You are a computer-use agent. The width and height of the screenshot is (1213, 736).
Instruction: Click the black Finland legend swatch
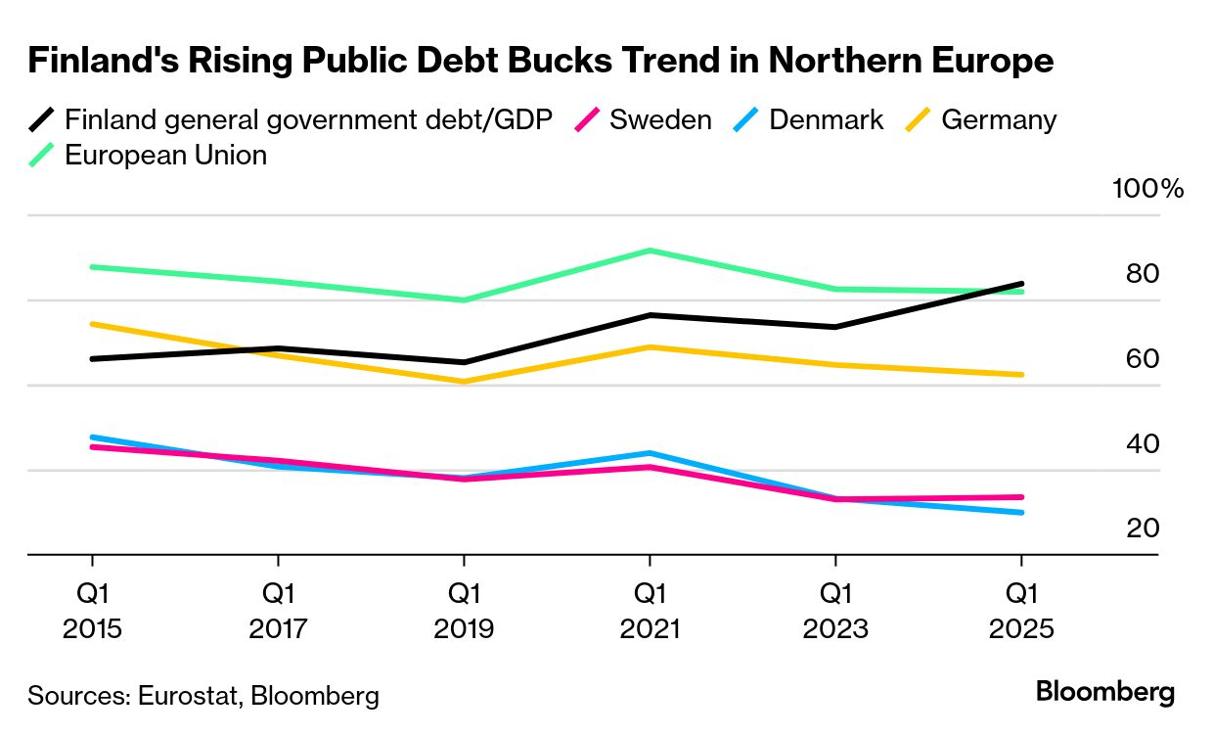42,120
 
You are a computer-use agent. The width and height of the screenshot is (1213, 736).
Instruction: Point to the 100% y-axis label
1147,189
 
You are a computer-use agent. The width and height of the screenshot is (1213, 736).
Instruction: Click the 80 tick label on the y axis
1142,274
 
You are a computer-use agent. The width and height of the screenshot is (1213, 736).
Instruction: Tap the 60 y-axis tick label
1142,359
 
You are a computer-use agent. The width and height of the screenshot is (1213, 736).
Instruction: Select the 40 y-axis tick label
1142,444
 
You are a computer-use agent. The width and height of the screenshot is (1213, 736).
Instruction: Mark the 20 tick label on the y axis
1142,529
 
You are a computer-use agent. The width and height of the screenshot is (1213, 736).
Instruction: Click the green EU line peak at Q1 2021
650,251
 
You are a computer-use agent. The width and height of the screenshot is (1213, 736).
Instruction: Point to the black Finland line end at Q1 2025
1022,284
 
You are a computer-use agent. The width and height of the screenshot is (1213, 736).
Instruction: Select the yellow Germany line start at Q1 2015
92,324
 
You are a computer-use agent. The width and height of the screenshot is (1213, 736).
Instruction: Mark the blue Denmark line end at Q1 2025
1022,512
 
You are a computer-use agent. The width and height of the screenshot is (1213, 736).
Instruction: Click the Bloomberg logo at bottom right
1104,692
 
